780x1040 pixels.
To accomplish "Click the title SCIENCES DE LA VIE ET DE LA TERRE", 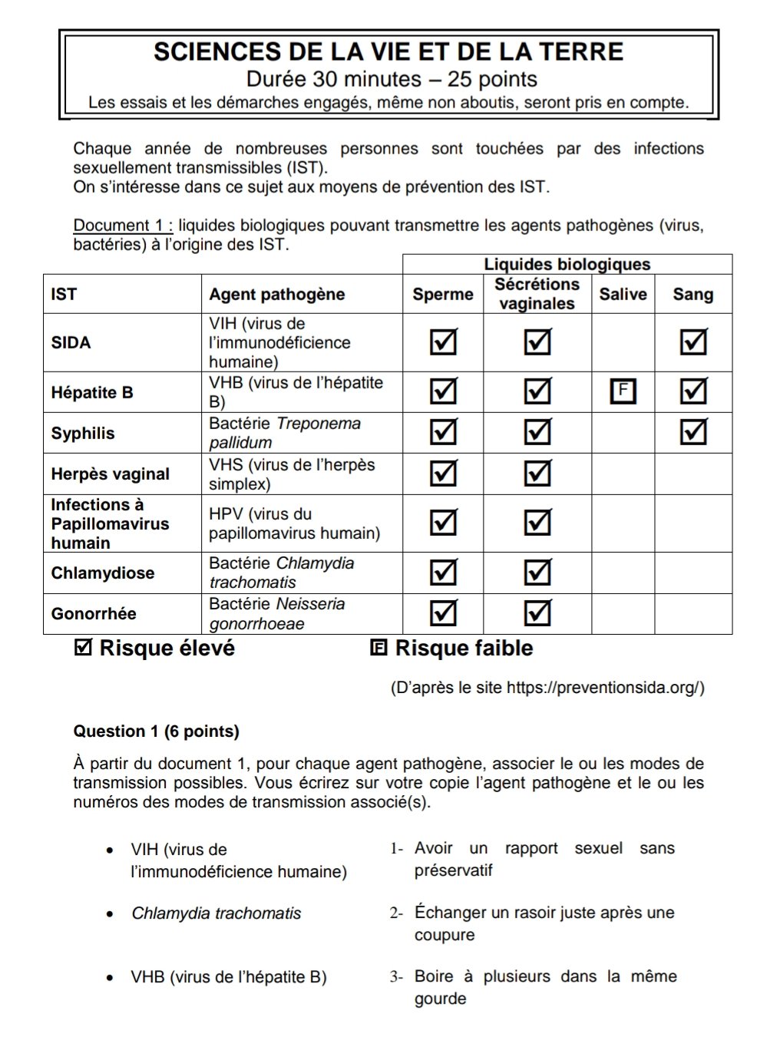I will (388, 52).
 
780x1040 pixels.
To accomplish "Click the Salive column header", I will (623, 294).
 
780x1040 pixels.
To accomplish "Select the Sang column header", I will (692, 294).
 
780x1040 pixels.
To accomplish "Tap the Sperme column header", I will (442, 294).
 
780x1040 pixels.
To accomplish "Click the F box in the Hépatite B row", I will (623, 391).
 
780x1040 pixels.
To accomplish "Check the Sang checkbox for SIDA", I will (693, 342).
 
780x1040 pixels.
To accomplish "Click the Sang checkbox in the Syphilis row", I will (693, 432).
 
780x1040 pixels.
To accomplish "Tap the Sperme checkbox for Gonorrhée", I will (443, 613).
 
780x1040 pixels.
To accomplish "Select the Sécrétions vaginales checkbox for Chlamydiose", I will (537, 573).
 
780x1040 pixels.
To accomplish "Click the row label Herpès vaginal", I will (110, 474).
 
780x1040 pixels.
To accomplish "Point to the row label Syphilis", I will (83, 433).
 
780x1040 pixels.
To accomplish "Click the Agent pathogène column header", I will (276, 294).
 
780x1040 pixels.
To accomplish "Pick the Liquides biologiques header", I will (567, 264).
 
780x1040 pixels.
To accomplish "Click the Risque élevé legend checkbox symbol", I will (83, 648).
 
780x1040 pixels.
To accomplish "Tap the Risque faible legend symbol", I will (378, 648).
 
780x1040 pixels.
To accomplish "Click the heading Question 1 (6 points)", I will (156, 731).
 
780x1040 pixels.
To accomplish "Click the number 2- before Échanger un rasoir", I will (396, 913).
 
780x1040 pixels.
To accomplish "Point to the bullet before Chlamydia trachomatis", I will (111, 914).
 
